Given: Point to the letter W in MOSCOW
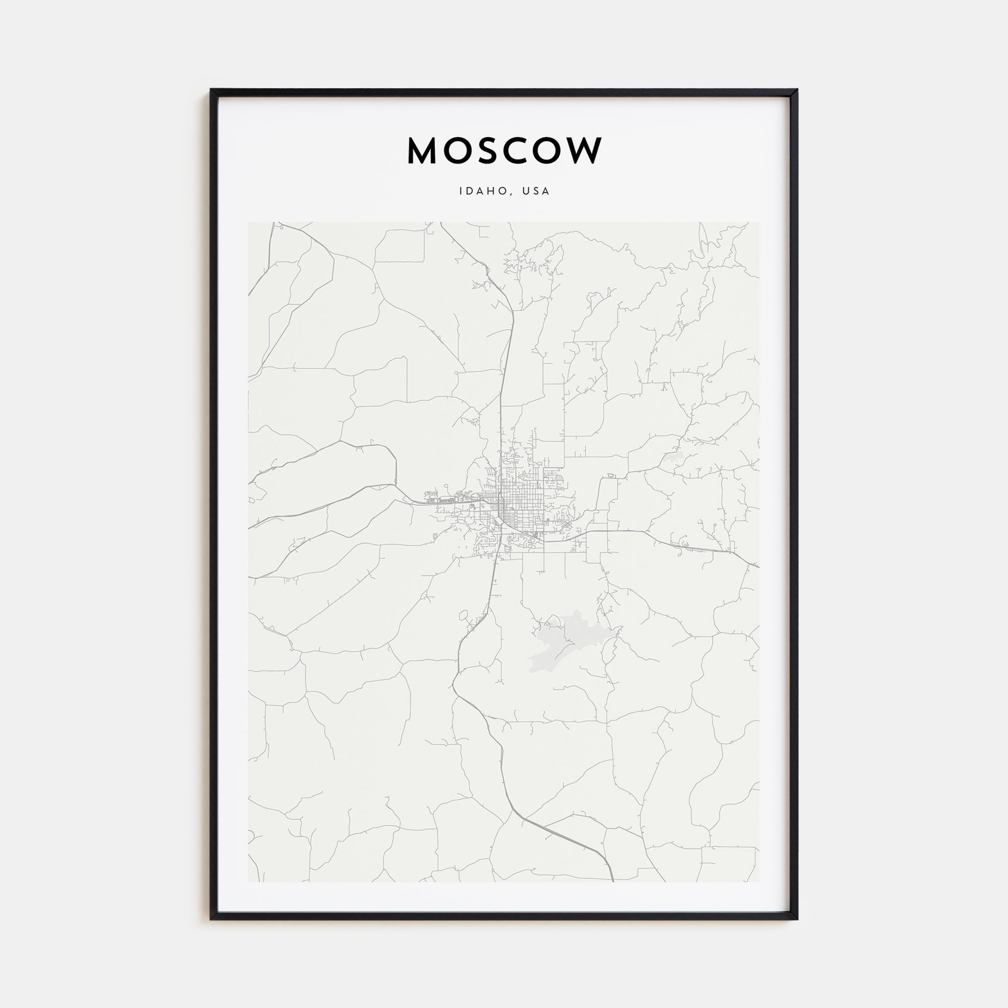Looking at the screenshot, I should tap(584, 151).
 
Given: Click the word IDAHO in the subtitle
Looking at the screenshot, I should tap(483, 192).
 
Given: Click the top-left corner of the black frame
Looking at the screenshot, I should tap(211, 89).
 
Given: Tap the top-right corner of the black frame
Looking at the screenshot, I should tap(797, 89).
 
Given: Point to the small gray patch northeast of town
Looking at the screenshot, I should tap(673, 459).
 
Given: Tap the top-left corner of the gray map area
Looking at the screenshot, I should tap(248, 223).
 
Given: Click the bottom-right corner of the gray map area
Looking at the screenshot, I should tap(759, 881).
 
